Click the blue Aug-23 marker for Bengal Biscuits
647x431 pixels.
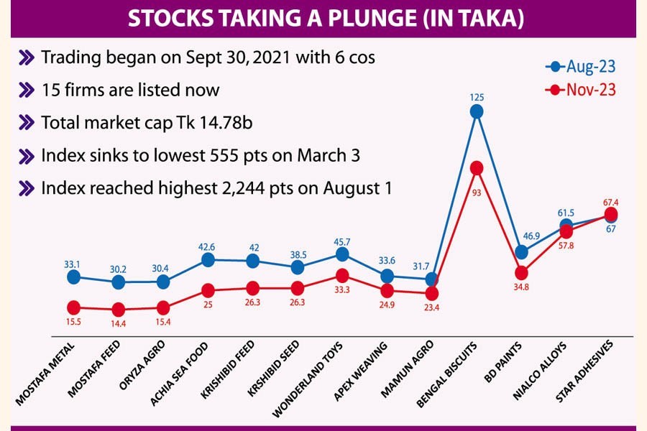pos(476,111)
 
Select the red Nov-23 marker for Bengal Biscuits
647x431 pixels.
pos(476,167)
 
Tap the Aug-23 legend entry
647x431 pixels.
pos(580,67)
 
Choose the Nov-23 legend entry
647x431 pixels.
pos(580,91)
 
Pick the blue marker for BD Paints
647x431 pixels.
pos(521,252)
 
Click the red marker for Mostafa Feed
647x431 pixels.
pos(118,310)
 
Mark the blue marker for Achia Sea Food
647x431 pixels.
pos(208,259)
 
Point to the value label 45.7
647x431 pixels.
pos(341,239)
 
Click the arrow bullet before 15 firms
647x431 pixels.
pos(27,91)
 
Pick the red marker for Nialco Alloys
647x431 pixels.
pos(566,231)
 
